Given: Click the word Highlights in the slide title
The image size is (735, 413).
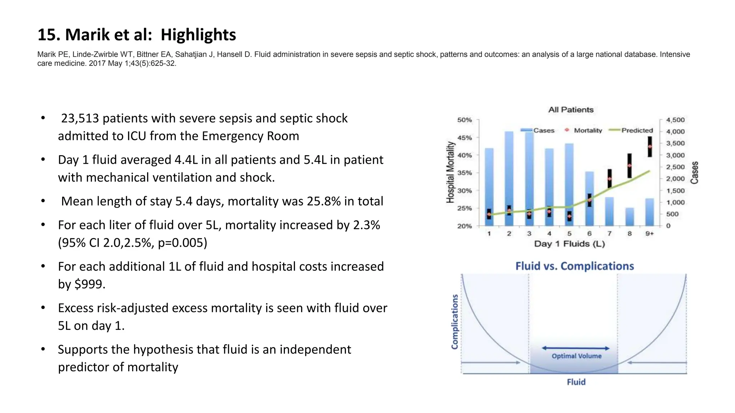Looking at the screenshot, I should click(x=198, y=35).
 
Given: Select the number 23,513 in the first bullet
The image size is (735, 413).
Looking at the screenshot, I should click(x=80, y=118).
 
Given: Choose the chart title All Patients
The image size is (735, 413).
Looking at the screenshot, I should click(x=571, y=110).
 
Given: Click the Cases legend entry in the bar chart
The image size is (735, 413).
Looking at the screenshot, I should click(x=543, y=130).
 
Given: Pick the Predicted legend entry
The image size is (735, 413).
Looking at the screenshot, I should click(x=637, y=130).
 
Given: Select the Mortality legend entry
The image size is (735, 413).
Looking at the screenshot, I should click(x=587, y=130).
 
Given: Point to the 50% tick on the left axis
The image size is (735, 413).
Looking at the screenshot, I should click(x=464, y=120).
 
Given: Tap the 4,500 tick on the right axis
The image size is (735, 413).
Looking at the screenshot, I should click(x=675, y=120).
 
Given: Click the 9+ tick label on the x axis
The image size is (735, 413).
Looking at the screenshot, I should click(x=650, y=234).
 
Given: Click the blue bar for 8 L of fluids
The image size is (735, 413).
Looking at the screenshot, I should click(x=629, y=217).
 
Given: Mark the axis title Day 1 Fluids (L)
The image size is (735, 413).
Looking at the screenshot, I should click(x=569, y=244).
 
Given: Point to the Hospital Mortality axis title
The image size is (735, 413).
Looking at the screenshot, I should click(x=450, y=172).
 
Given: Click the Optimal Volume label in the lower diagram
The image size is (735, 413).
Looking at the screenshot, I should click(x=576, y=356).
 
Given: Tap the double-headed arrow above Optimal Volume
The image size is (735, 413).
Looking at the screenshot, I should click(x=576, y=348).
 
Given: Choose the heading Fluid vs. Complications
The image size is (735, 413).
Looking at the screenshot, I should click(x=575, y=266).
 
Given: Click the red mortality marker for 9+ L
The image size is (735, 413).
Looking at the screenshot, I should click(x=650, y=147).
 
